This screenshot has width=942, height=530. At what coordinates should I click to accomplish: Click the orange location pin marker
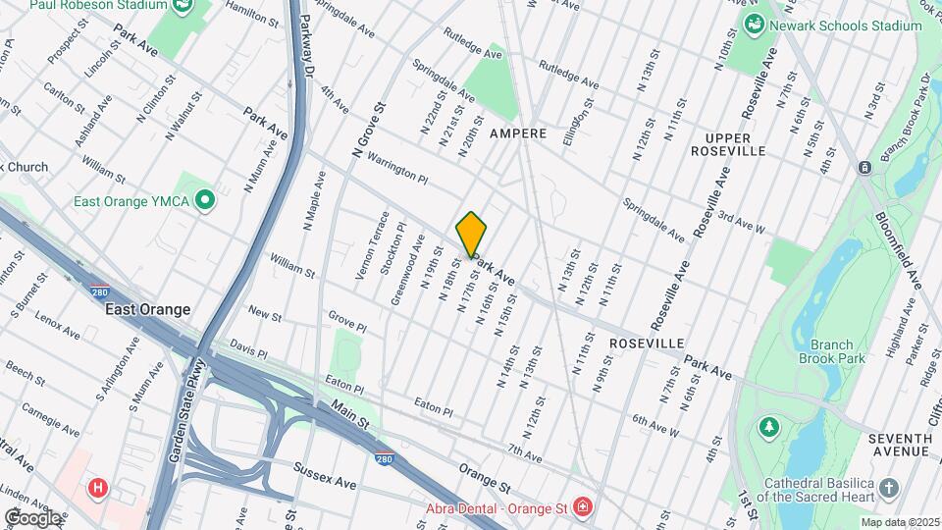pos(472,235)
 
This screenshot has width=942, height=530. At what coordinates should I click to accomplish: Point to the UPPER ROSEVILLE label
pos(727,144)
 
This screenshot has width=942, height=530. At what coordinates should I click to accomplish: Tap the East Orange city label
pos(148,309)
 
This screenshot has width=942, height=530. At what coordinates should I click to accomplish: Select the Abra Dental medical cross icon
pos(583,506)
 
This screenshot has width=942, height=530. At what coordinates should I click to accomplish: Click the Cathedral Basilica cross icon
pos(888,488)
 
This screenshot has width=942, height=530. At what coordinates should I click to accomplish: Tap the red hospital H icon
pos(97,487)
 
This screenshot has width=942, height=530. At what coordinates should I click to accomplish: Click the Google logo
pos(32,517)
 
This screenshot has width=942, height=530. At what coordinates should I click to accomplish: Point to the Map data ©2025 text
pos(900,521)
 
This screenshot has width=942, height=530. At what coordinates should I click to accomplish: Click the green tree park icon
pos(768,427)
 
